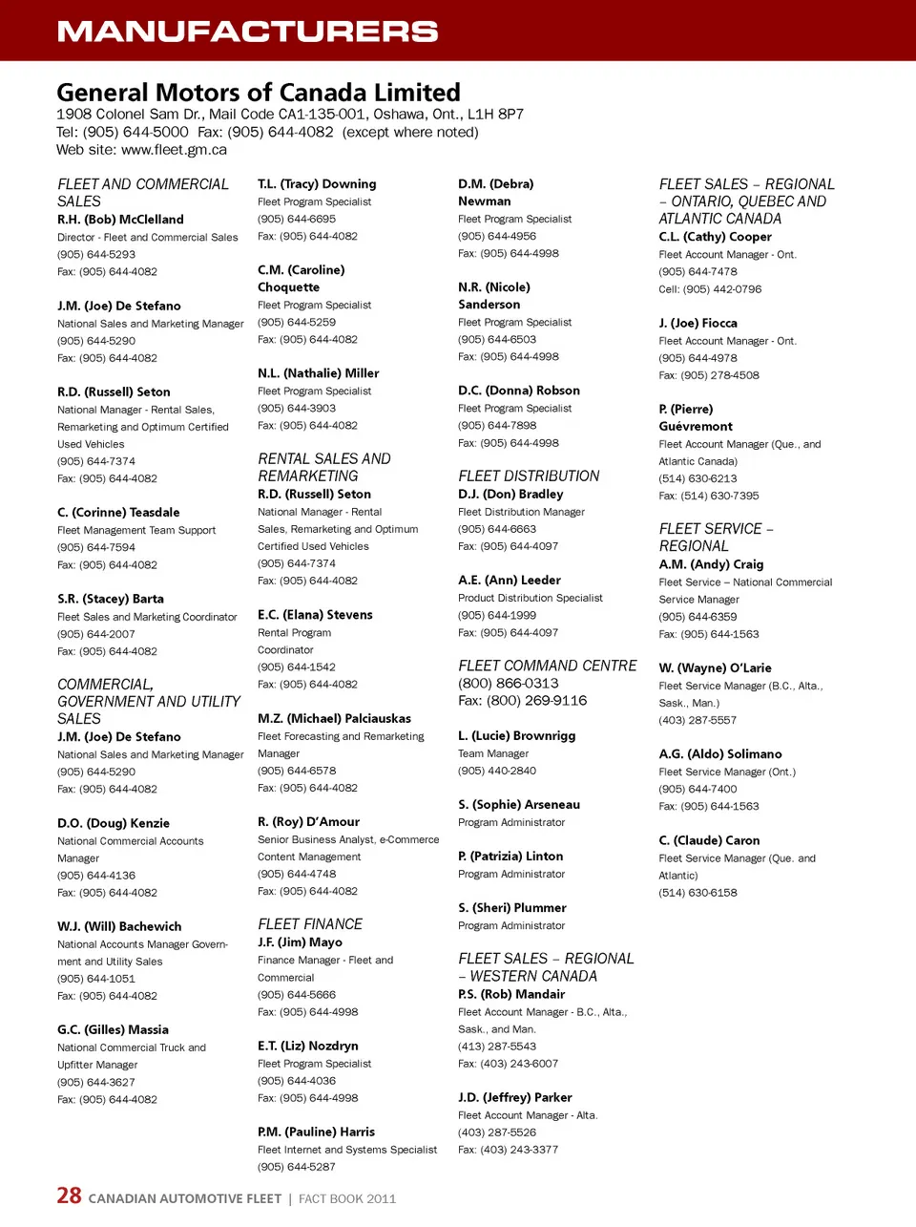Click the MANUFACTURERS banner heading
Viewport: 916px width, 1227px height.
[x=247, y=32]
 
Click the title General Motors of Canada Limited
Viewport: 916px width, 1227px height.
[x=259, y=93]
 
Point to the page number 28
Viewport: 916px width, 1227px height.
[x=69, y=1195]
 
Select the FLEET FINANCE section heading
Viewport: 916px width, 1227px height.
[x=310, y=924]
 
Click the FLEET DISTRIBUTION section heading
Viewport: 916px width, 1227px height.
[x=529, y=476]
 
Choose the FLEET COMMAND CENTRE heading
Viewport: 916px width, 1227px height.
[x=548, y=666]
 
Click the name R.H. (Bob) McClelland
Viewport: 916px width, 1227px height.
[x=120, y=220]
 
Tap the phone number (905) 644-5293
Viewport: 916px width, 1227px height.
[x=96, y=255]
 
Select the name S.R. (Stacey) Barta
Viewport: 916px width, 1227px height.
[x=111, y=599]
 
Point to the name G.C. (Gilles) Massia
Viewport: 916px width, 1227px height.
[x=113, y=1029]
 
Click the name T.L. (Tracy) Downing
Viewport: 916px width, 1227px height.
[x=317, y=184]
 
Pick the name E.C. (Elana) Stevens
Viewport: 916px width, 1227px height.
[x=315, y=615]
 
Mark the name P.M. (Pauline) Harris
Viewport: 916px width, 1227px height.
[x=316, y=1132]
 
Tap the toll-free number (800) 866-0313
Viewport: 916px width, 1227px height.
[x=509, y=684]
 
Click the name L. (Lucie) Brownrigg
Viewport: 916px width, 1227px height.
[x=516, y=736]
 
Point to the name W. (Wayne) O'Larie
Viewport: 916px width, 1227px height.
[x=715, y=668]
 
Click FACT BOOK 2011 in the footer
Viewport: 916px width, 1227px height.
[x=347, y=1199]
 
